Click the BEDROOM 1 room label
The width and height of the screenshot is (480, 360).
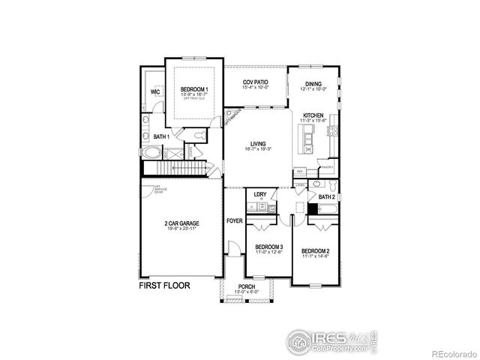[194, 90]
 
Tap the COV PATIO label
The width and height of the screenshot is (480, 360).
[256, 82]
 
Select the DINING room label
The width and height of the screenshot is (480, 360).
[313, 84]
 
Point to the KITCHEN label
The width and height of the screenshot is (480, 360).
[313, 115]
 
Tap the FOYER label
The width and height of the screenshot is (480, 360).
[235, 220]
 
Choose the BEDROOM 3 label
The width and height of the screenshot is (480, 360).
[268, 247]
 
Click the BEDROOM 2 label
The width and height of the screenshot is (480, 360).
[316, 251]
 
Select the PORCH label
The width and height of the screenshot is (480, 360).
[246, 286]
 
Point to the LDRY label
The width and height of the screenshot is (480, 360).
[260, 194]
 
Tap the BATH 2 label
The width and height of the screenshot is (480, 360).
[326, 196]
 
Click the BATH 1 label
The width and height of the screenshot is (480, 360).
[161, 137]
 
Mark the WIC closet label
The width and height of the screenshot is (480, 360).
[155, 92]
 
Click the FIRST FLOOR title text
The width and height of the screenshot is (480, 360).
[164, 286]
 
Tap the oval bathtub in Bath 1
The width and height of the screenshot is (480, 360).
[151, 153]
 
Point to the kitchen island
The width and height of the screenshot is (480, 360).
[306, 136]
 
